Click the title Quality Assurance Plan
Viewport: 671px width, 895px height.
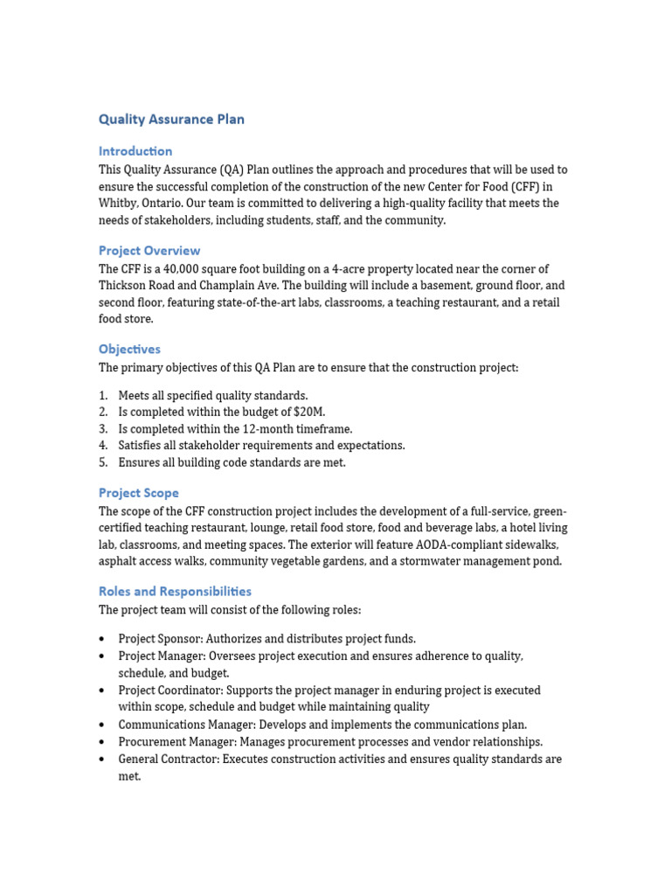[x=171, y=120]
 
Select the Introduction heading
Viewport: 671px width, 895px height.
[x=135, y=151]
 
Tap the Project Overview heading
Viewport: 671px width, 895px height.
[x=149, y=251]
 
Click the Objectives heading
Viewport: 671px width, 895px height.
[x=129, y=350]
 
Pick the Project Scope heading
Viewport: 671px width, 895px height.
[x=138, y=493]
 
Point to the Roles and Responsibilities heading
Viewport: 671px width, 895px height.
[x=175, y=592]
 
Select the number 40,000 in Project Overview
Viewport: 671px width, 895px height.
[x=167, y=269]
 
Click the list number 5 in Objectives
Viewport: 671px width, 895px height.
[x=103, y=463]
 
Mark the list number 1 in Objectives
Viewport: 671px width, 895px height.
[x=103, y=396]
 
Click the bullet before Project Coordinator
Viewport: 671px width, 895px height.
[x=103, y=690]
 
